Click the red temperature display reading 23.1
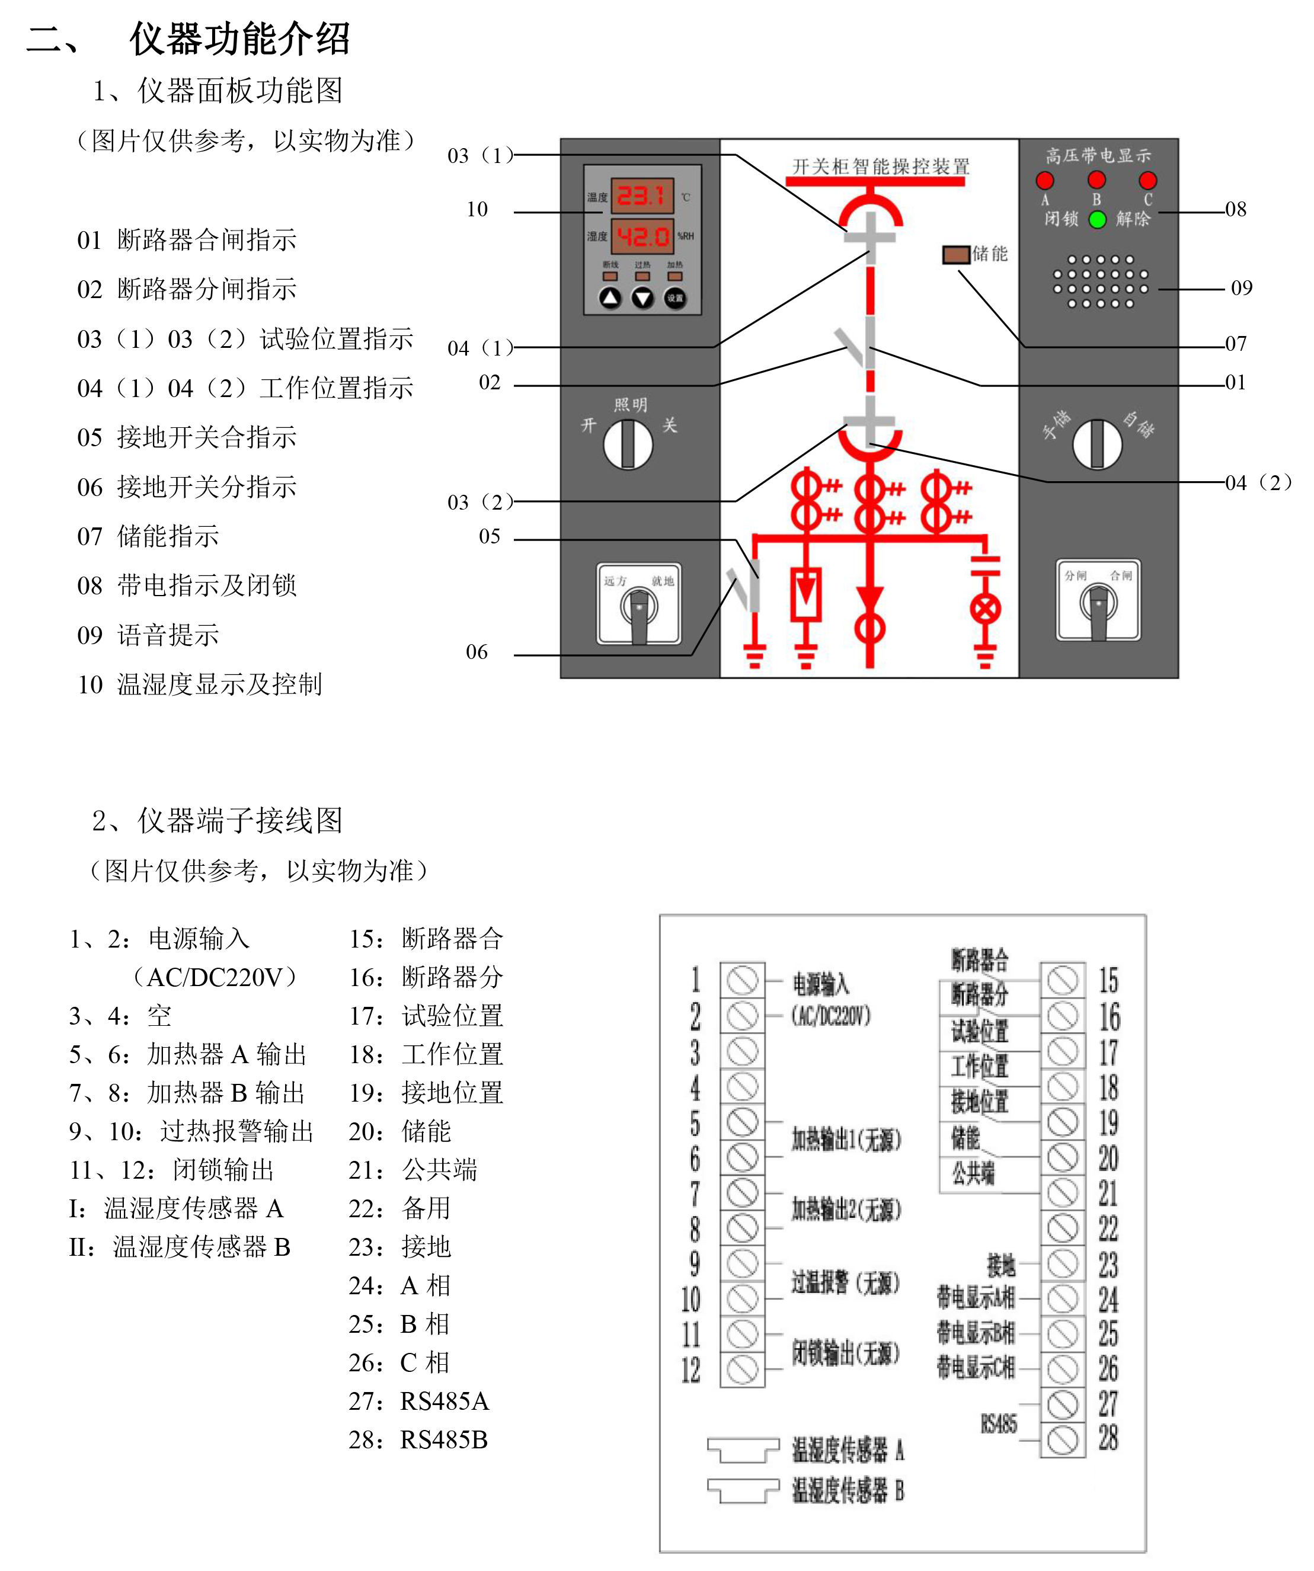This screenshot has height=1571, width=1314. click(641, 196)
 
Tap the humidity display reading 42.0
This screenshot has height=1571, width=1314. click(642, 236)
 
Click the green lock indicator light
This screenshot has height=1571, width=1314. click(1097, 219)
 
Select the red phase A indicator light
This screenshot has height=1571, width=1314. click(1044, 180)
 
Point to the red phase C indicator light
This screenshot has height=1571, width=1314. click(1147, 180)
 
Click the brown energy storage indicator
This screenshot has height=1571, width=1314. click(955, 254)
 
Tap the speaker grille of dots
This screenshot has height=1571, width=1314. click(1100, 282)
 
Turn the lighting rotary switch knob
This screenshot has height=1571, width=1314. click(628, 444)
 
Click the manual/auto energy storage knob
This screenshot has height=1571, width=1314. click(1097, 444)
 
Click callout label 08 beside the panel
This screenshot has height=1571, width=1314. click(1235, 209)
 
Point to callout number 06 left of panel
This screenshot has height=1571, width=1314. click(477, 652)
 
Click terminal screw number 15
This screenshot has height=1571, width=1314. click(1063, 980)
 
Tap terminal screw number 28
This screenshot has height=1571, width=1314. click(1063, 1439)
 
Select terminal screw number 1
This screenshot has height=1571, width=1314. click(742, 980)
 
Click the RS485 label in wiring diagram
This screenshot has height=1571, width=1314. click(998, 1423)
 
